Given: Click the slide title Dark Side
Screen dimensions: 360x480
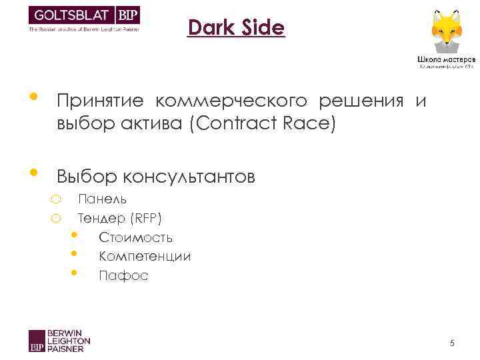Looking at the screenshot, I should click(x=236, y=28).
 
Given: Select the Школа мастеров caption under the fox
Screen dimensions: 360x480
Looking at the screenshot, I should click(x=446, y=58).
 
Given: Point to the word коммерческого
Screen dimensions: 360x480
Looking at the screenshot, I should click(x=233, y=101).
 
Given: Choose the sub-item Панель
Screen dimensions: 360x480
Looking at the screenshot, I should click(x=103, y=199).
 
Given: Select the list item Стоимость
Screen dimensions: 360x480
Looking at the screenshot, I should click(x=136, y=237).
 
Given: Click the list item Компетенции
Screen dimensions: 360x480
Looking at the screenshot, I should click(x=145, y=256).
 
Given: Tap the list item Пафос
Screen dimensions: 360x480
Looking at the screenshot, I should click(x=123, y=275).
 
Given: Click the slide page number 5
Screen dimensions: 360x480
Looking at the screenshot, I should click(x=452, y=343).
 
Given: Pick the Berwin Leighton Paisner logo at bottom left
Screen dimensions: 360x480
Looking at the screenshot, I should click(x=59, y=340).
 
